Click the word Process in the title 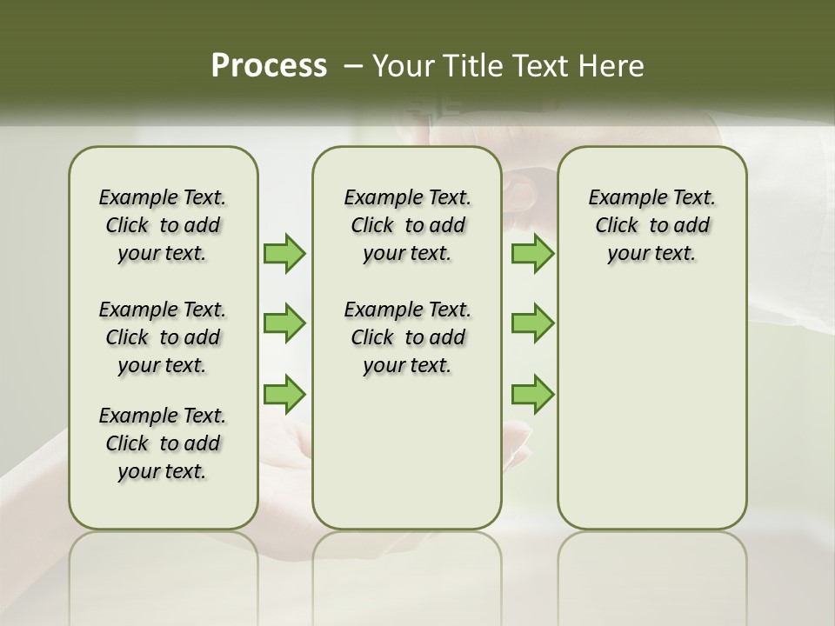click(x=269, y=66)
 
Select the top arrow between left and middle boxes click(x=284, y=253)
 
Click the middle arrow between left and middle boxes click(x=284, y=323)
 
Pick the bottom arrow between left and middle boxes click(x=284, y=394)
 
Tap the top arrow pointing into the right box click(x=532, y=253)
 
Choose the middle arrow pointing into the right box click(x=532, y=323)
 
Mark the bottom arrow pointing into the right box click(x=532, y=394)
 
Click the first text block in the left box click(x=163, y=225)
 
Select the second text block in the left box click(x=163, y=337)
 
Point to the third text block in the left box click(x=163, y=443)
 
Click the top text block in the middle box click(x=408, y=225)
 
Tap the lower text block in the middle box click(x=408, y=337)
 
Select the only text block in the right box click(x=652, y=225)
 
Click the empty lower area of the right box click(x=652, y=409)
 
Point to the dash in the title click(x=352, y=66)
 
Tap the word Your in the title click(x=397, y=66)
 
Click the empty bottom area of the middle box click(x=407, y=461)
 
